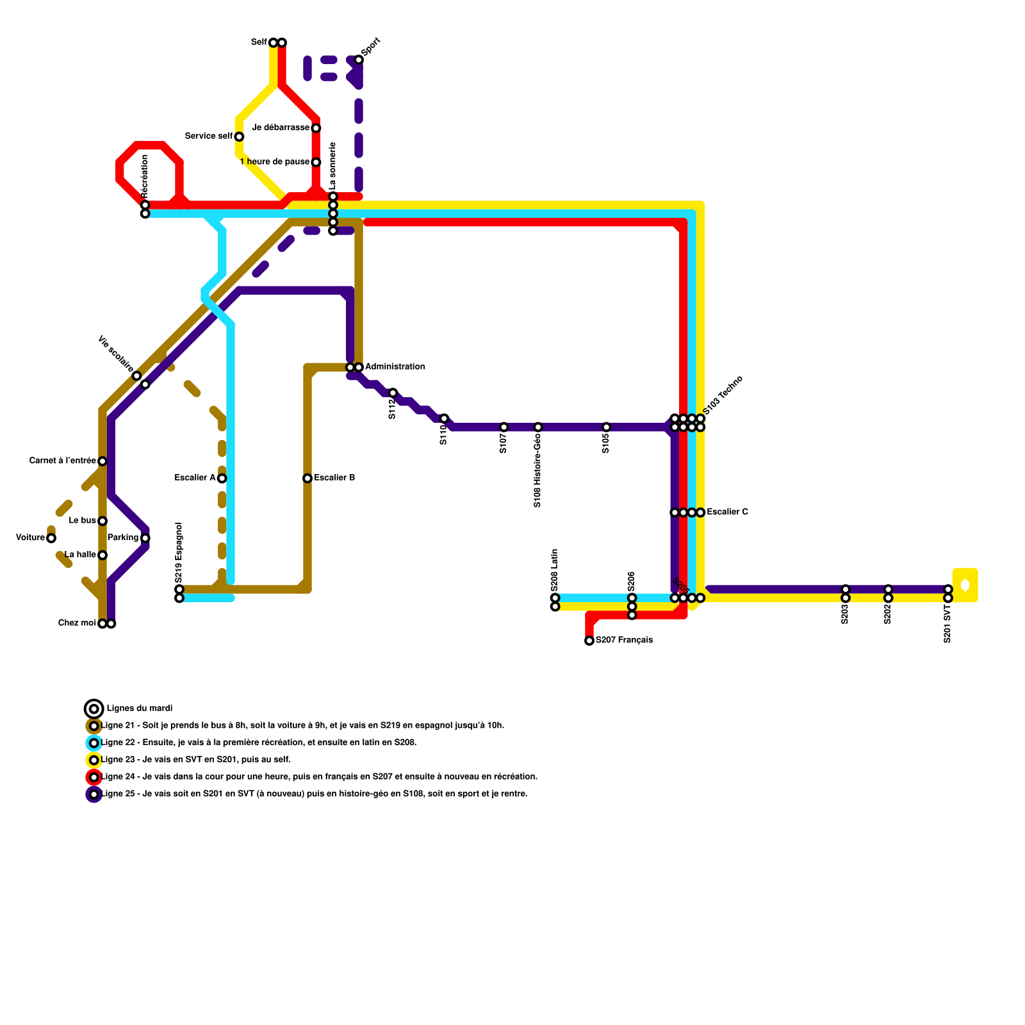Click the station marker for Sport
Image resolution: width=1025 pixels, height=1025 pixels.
(x=359, y=60)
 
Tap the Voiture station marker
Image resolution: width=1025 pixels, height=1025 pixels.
(x=51, y=538)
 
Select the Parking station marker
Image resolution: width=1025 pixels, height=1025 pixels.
(x=145, y=538)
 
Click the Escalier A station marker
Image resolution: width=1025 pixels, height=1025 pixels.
(x=222, y=479)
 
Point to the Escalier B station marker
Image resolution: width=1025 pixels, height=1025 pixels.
(x=307, y=479)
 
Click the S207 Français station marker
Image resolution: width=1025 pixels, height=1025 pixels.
(x=589, y=641)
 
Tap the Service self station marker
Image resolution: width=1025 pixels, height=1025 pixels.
(x=239, y=136)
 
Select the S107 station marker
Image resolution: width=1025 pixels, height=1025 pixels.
(x=504, y=427)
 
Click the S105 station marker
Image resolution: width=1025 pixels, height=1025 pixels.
(x=607, y=427)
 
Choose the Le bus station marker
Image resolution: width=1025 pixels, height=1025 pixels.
(x=102, y=521)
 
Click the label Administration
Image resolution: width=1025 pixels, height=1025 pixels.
(x=395, y=367)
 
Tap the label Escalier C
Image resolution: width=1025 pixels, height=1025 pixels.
(x=727, y=512)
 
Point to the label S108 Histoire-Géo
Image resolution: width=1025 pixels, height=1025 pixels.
(x=537, y=471)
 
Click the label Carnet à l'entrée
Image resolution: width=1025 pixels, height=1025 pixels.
(x=62, y=461)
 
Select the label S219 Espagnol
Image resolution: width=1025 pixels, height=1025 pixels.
(x=179, y=552)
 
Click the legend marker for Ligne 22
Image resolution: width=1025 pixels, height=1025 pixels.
(x=94, y=743)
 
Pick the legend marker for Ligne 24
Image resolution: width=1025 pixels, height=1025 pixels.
(x=94, y=777)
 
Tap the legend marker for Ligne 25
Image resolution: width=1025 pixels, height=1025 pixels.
(x=94, y=794)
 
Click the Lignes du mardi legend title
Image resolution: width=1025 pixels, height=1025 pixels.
(x=140, y=709)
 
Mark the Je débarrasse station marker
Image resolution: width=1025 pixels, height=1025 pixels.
(x=316, y=128)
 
